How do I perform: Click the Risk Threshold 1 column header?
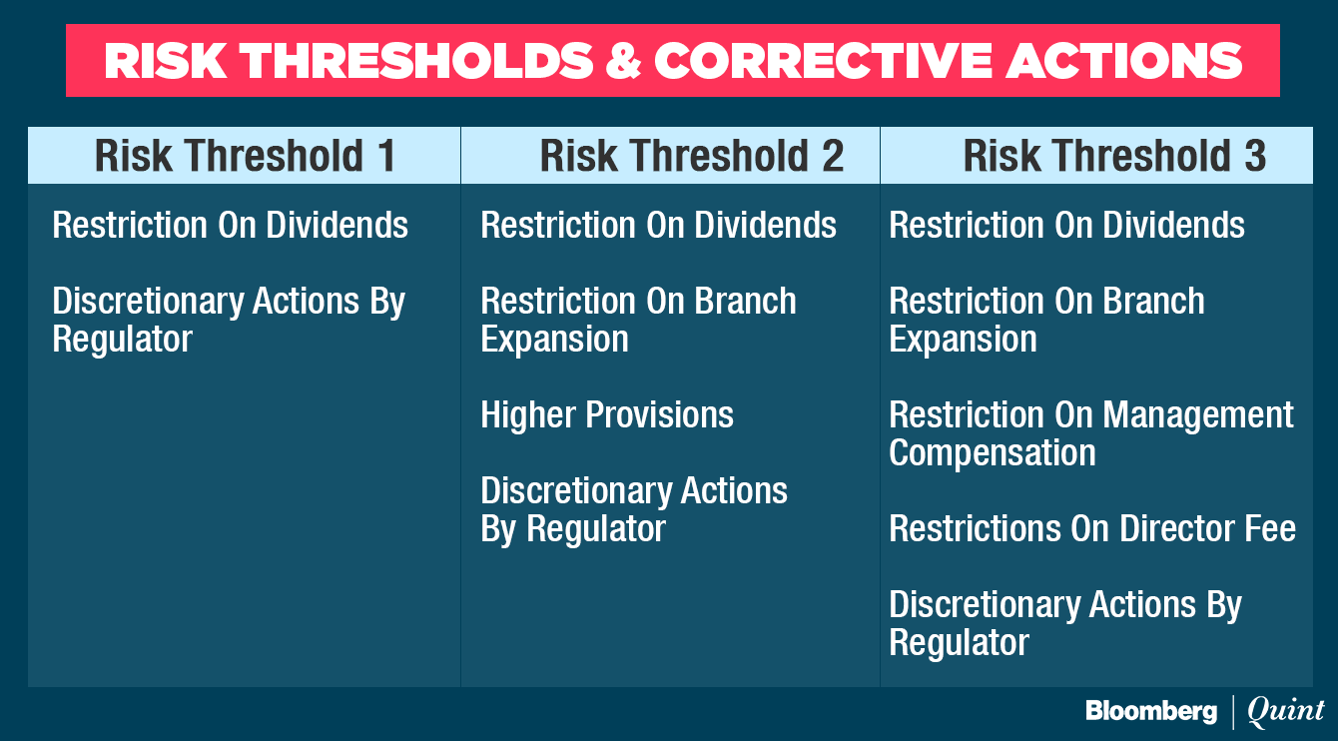click(x=245, y=156)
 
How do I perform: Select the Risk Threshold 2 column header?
click(x=692, y=156)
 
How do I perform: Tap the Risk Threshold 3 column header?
click(x=1114, y=156)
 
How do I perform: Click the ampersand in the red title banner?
click(x=624, y=60)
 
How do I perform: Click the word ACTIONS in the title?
click(x=1124, y=60)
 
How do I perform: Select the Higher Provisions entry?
click(x=607, y=414)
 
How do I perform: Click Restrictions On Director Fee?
click(x=1092, y=528)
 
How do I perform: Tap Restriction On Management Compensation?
click(x=1090, y=433)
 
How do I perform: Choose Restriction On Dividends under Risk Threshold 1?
click(x=230, y=225)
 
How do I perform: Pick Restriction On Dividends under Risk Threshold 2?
click(x=658, y=225)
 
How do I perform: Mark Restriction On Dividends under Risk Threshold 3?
click(x=1066, y=225)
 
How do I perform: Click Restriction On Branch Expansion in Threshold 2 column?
click(x=638, y=320)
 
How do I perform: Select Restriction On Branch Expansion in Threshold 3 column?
click(x=1046, y=320)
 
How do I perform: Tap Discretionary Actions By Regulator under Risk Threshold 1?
click(x=229, y=320)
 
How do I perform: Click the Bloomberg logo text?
click(x=1151, y=711)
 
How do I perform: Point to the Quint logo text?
click(x=1285, y=711)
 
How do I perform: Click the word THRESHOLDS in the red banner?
click(x=415, y=60)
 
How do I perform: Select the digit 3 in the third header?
click(x=1255, y=156)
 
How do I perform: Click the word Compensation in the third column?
click(x=993, y=453)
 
